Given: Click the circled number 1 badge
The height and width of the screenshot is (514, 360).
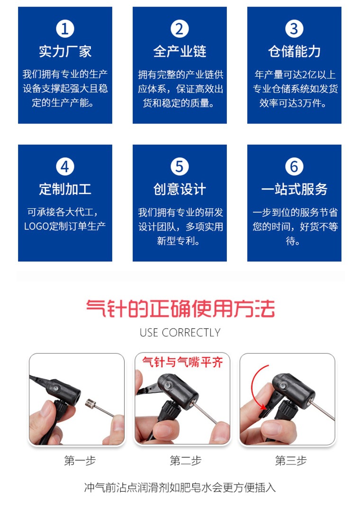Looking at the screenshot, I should (65, 29).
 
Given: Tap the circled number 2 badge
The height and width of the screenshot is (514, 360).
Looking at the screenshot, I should (180, 29).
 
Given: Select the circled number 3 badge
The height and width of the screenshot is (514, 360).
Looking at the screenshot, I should (294, 29).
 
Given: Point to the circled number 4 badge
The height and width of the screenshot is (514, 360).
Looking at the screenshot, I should (65, 167).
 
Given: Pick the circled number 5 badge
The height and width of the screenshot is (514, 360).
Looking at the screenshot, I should (180, 167).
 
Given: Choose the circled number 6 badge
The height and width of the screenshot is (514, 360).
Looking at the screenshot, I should (294, 167).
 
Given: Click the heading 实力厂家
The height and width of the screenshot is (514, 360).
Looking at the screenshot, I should (65, 51).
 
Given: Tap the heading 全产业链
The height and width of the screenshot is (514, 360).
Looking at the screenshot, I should (180, 51).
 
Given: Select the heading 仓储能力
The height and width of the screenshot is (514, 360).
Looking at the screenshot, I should (294, 51).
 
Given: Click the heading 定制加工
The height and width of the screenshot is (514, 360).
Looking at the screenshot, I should (65, 189).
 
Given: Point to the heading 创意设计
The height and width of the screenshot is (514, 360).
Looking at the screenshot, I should (180, 189).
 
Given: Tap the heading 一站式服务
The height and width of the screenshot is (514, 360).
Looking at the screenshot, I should (294, 189).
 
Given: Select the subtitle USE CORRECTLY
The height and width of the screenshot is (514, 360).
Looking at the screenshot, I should (180, 333).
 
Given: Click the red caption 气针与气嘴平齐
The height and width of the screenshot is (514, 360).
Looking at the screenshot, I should (182, 363).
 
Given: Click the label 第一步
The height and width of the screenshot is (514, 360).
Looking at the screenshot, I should (80, 461).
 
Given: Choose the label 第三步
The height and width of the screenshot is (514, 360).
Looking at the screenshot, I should (290, 461).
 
